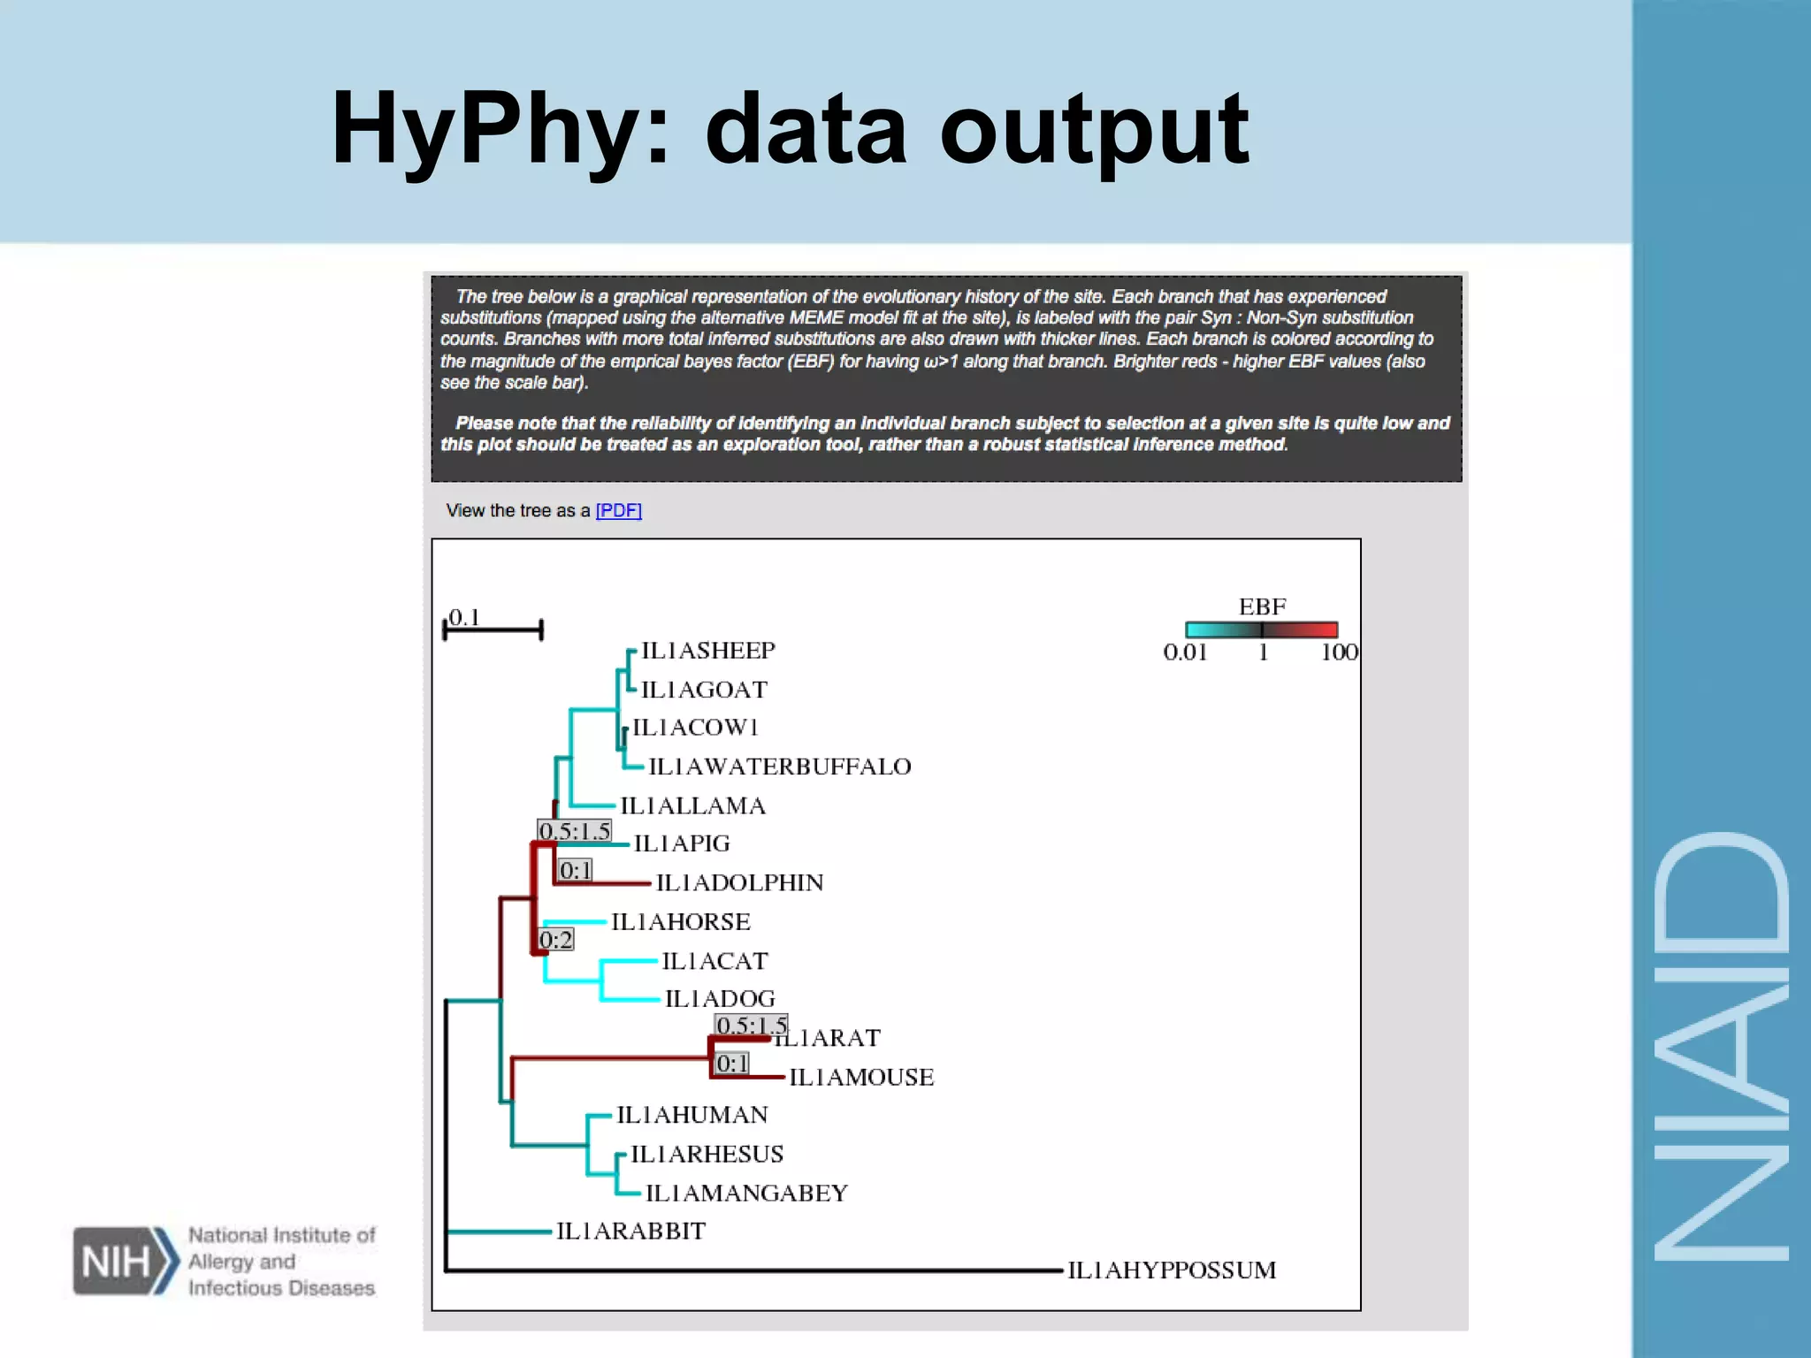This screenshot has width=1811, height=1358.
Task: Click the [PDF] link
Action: [x=618, y=510]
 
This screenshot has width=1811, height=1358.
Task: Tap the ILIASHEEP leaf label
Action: [x=707, y=651]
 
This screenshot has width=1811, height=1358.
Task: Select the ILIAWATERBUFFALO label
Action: [x=779, y=767]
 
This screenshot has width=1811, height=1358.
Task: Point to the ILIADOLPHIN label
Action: [x=739, y=882]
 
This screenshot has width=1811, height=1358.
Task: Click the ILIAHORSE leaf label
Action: [x=680, y=921]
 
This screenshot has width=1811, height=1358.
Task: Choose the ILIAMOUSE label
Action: [x=860, y=1077]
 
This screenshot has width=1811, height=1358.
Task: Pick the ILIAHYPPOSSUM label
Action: [x=1171, y=1270]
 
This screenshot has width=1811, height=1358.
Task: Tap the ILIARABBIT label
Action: [x=630, y=1231]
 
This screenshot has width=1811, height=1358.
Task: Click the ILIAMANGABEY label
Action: [x=746, y=1193]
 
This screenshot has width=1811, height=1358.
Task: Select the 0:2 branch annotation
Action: [x=556, y=940]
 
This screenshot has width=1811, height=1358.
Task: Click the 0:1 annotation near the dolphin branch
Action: [x=576, y=871]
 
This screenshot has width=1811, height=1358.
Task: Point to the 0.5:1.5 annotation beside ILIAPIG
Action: [x=575, y=831]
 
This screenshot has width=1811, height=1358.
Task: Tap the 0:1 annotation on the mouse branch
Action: [x=732, y=1064]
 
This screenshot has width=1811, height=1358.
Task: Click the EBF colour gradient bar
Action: [x=1261, y=629]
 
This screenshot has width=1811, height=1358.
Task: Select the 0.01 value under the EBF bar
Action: [x=1185, y=652]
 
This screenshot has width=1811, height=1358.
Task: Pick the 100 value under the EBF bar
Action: [x=1339, y=652]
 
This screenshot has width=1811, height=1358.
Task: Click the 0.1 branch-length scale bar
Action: [x=493, y=629]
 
